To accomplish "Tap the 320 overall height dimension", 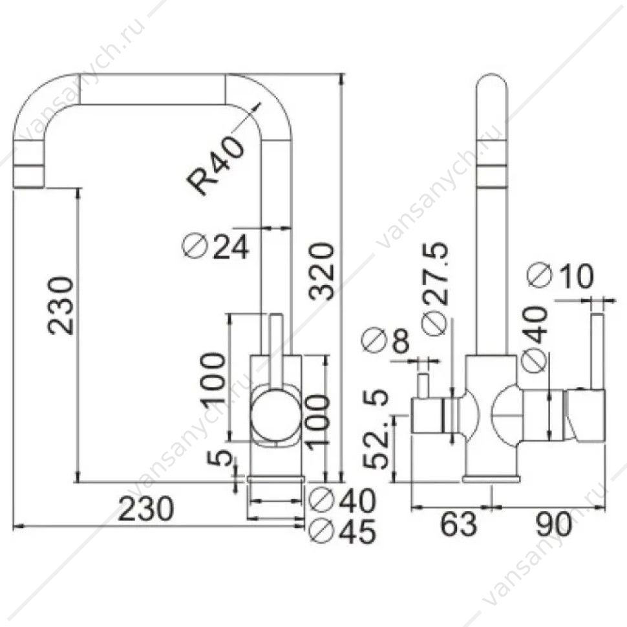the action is pos(321,271).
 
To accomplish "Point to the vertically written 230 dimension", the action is pos(60,305).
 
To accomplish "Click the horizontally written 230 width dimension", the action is pos(146,509).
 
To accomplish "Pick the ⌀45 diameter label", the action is pos(343,531).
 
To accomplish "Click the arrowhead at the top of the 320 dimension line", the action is pos(341,78).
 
